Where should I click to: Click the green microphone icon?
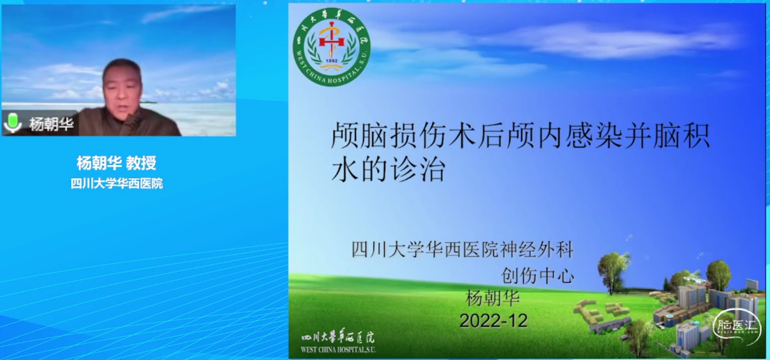(12, 123)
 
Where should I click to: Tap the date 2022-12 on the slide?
(493, 320)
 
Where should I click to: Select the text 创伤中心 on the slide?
(537, 276)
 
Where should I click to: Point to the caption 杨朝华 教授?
(117, 163)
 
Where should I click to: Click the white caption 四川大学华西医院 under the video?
(117, 183)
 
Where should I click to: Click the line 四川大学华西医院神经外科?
(462, 250)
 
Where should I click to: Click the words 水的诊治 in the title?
(388, 170)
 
